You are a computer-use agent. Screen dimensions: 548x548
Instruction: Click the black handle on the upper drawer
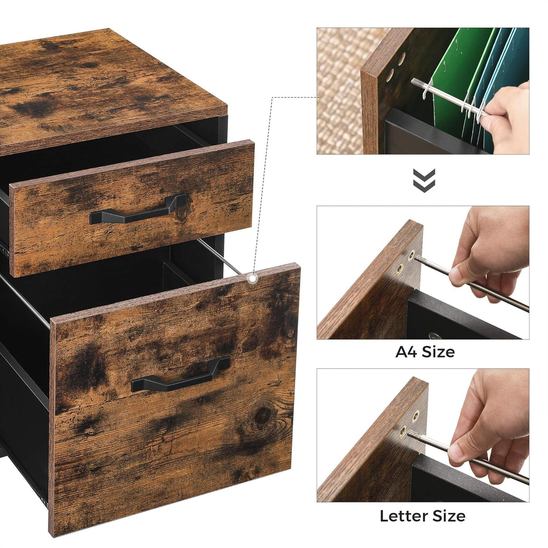(x=138, y=210)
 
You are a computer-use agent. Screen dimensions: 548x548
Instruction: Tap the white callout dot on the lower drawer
(x=252, y=279)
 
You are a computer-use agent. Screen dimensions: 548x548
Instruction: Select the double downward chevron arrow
(x=424, y=180)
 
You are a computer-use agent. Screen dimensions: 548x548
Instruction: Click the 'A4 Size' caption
(x=425, y=352)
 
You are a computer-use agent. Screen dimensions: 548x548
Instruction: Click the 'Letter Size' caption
(x=423, y=515)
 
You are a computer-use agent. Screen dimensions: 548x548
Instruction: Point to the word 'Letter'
(x=405, y=515)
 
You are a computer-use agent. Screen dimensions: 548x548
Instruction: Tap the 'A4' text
(x=406, y=352)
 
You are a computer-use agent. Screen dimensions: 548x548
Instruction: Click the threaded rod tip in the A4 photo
(x=418, y=258)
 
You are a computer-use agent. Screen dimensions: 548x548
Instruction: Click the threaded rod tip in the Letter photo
(x=412, y=433)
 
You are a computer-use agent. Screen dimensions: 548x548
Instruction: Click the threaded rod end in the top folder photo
(x=415, y=81)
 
